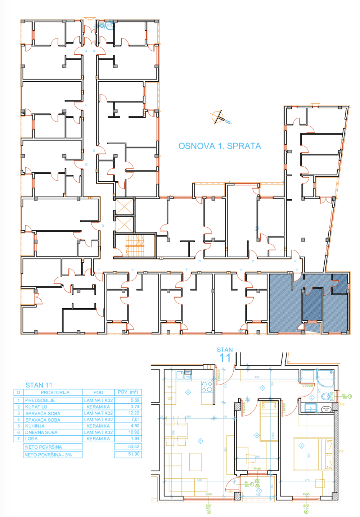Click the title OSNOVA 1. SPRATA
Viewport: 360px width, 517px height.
point(220,146)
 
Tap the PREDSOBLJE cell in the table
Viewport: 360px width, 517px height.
point(40,400)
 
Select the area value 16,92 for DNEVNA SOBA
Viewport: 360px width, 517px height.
point(134,432)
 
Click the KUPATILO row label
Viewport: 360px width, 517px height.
point(36,407)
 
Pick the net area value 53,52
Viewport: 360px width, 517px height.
point(134,446)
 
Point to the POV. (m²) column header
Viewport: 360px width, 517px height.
point(128,392)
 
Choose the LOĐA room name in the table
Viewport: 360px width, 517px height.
point(31,439)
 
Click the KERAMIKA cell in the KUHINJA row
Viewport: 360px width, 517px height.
point(98,426)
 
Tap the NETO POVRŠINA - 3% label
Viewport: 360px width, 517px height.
point(48,455)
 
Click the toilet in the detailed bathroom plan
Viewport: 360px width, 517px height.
point(326,396)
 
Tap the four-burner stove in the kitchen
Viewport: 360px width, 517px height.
point(207,387)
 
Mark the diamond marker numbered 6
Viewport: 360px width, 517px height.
point(201,441)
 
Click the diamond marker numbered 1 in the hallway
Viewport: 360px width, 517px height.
point(262,388)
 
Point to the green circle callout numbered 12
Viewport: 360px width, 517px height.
point(350,396)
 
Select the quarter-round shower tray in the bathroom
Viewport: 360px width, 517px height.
point(326,376)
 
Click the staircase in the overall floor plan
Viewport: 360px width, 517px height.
point(135,246)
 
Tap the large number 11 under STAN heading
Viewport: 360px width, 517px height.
point(225,358)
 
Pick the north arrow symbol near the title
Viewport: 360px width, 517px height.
point(219,117)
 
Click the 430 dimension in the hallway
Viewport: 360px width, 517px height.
point(257,377)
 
